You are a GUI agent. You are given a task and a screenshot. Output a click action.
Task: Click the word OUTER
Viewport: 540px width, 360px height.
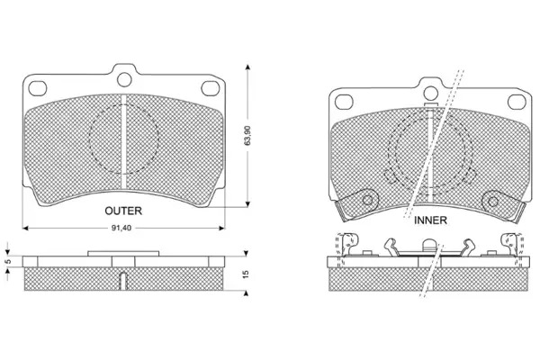(123, 211)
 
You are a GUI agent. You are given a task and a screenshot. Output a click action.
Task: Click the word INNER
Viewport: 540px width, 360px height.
(430, 220)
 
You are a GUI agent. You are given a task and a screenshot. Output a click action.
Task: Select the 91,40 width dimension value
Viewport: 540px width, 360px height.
(121, 228)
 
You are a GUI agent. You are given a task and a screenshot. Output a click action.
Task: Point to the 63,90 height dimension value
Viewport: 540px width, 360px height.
(247, 135)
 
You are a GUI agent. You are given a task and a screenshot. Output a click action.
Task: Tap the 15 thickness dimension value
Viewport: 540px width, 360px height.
(246, 274)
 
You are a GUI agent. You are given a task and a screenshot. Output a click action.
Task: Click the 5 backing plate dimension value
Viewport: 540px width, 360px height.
(9, 262)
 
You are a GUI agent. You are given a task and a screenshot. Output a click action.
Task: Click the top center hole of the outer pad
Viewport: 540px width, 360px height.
(124, 79)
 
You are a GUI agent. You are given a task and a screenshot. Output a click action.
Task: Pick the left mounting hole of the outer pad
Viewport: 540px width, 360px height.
(37, 88)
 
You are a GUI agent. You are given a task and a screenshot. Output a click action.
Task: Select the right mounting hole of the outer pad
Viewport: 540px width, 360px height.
(210, 88)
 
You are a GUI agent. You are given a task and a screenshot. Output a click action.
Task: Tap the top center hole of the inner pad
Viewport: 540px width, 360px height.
(430, 93)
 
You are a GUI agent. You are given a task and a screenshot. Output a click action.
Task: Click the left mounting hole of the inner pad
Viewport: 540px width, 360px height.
(344, 103)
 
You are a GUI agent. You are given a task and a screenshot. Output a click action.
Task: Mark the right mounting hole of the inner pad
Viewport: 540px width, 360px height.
(517, 103)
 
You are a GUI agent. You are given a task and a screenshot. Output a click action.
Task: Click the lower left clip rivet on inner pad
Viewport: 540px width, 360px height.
(368, 200)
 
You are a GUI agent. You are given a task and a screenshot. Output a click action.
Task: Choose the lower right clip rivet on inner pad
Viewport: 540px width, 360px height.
(493, 202)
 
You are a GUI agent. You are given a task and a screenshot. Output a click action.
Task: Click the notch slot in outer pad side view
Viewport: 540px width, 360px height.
(123, 281)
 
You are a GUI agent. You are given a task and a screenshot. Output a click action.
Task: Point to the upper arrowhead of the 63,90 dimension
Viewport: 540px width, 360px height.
(247, 67)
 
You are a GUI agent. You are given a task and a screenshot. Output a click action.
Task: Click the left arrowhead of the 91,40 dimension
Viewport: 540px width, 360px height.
(25, 228)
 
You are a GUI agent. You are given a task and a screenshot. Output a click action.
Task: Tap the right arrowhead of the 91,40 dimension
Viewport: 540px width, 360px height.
(221, 228)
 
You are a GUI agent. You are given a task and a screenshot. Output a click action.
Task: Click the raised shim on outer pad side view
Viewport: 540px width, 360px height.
(123, 254)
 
